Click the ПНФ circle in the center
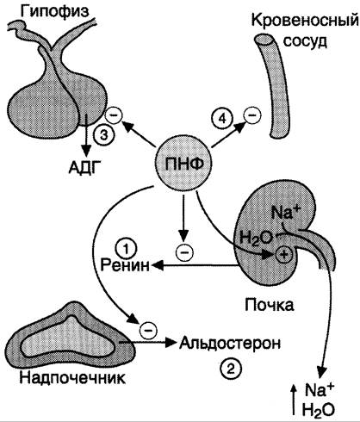[x=183, y=164]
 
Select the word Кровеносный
[x=306, y=21]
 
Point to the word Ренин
[x=125, y=265]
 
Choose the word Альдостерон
[x=230, y=343]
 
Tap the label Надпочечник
[x=72, y=378]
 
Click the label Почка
[x=269, y=305]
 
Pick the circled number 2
[x=230, y=369]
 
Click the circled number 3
[x=102, y=134]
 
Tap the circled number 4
[x=222, y=119]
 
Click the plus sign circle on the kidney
[x=283, y=254]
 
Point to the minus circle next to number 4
[x=252, y=115]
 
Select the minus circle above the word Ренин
[x=184, y=251]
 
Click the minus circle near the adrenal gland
[x=148, y=330]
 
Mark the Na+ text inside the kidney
[x=286, y=213]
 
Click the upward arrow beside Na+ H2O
[x=293, y=400]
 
